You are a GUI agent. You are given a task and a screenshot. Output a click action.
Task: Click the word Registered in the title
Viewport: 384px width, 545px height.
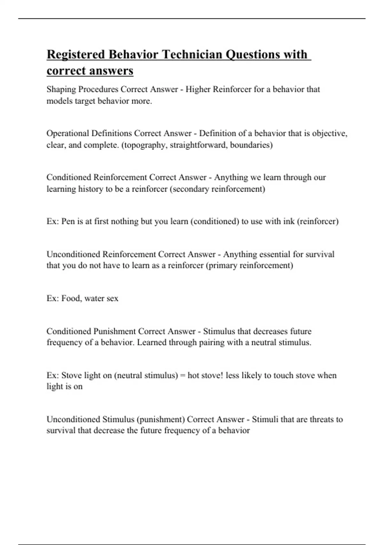(x=76, y=55)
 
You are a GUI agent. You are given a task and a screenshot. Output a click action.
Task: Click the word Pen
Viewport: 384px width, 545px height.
(x=68, y=222)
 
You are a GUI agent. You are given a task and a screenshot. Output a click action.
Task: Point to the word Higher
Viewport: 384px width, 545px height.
(x=198, y=89)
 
